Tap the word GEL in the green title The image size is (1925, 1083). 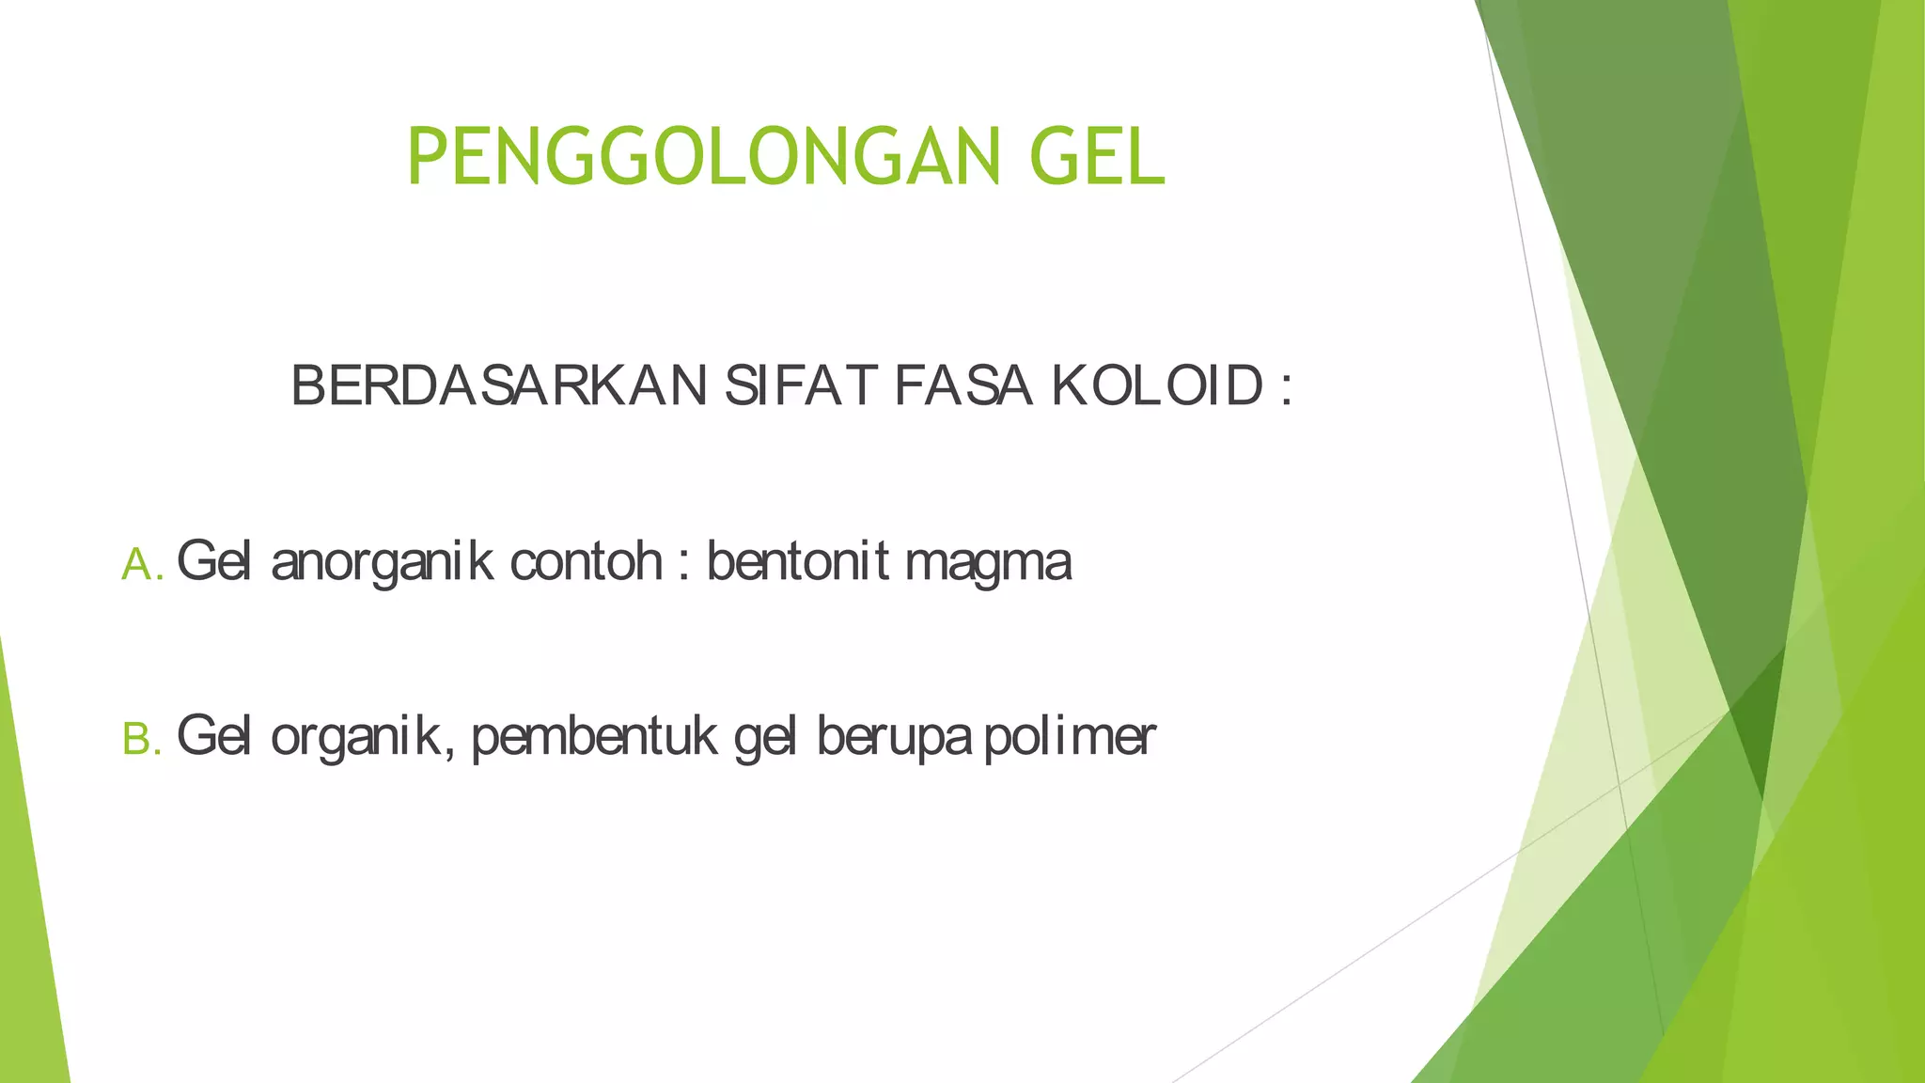[x=1097, y=158]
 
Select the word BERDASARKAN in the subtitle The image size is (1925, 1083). [x=499, y=385]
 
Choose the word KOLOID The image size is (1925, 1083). [x=1157, y=385]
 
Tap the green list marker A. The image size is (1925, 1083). [x=142, y=565]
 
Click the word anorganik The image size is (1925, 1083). [x=382, y=562]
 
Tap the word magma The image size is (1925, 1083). [x=988, y=563]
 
